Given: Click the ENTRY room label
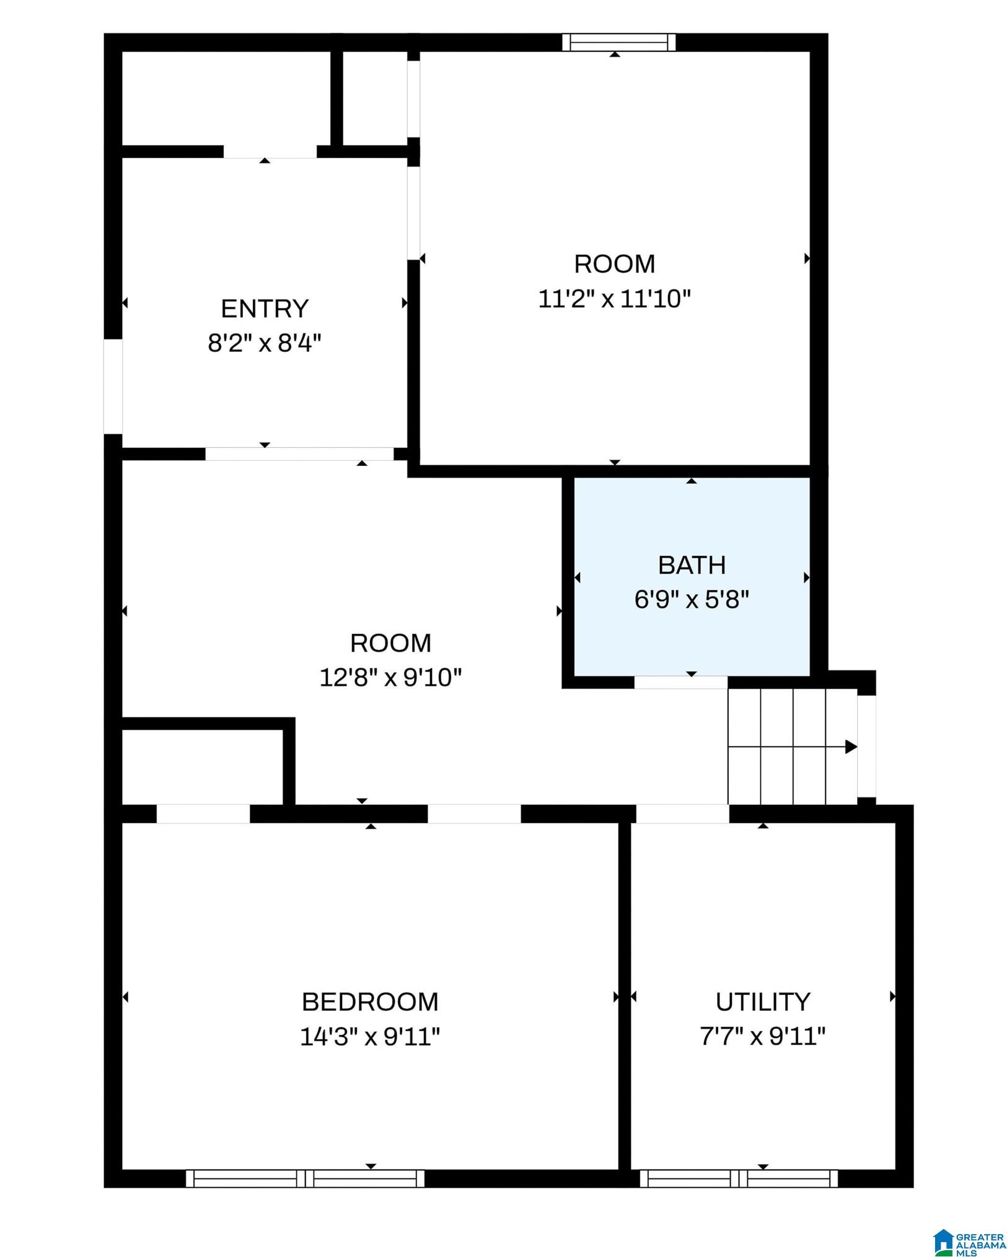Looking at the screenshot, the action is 265,309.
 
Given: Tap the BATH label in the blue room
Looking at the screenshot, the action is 692,565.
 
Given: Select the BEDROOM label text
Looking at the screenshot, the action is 370,1002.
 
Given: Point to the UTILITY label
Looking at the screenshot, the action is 763,1002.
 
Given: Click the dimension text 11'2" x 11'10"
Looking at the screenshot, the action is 614,299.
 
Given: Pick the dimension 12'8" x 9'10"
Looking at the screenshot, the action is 390,678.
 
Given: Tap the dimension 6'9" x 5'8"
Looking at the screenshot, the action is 692,600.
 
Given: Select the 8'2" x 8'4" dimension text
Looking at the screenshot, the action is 265,343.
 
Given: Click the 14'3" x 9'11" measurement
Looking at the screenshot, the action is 370,1036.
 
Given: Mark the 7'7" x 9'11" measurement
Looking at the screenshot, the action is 763,1036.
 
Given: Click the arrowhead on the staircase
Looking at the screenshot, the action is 851,747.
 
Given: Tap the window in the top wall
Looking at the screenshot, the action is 619,42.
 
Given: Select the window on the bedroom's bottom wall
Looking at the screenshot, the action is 305,1178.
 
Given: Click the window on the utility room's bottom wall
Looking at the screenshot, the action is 739,1178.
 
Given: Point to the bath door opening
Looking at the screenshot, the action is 680,682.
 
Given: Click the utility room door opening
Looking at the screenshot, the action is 682,814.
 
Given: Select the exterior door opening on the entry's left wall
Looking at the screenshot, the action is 113,387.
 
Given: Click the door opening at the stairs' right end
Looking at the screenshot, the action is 867,747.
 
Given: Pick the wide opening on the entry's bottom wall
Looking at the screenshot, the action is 299,454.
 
